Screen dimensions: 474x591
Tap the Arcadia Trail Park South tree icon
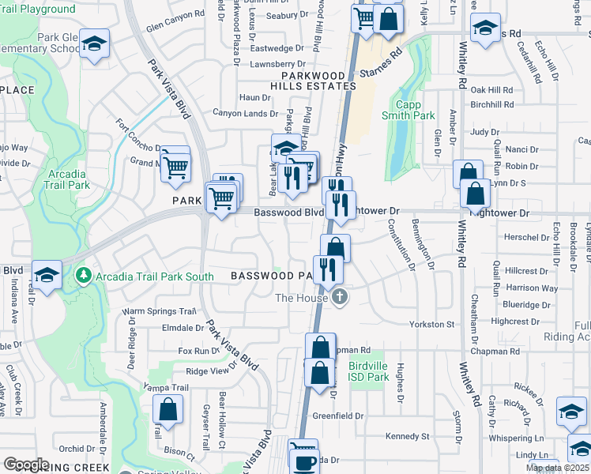pyautogui.click(x=84, y=276)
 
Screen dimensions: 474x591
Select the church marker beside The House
pyautogui.click(x=340, y=298)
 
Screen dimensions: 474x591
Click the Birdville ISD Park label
pyautogui.click(x=368, y=371)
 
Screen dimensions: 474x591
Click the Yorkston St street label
pyautogui.click(x=433, y=324)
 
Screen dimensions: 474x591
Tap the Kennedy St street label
pyautogui.click(x=407, y=436)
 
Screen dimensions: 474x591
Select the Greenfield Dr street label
pyautogui.click(x=338, y=416)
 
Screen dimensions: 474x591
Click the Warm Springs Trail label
pyautogui.click(x=158, y=312)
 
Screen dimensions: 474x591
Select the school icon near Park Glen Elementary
pyautogui.click(x=95, y=45)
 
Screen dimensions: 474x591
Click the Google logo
pyautogui.click(x=27, y=465)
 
